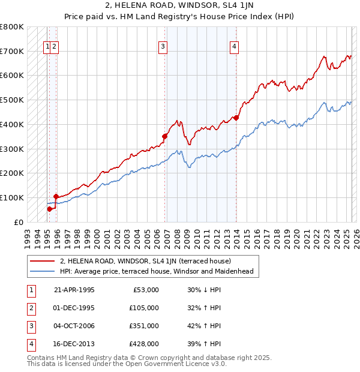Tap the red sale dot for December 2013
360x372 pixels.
236,118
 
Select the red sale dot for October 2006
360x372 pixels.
164,136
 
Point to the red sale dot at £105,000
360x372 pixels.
56,196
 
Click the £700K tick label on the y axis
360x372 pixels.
12,51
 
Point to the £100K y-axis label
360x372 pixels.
12,197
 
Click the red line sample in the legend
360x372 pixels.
42,261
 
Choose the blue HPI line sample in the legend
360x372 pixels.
42,271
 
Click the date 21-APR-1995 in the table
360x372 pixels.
74,290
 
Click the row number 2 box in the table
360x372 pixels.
30,308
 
